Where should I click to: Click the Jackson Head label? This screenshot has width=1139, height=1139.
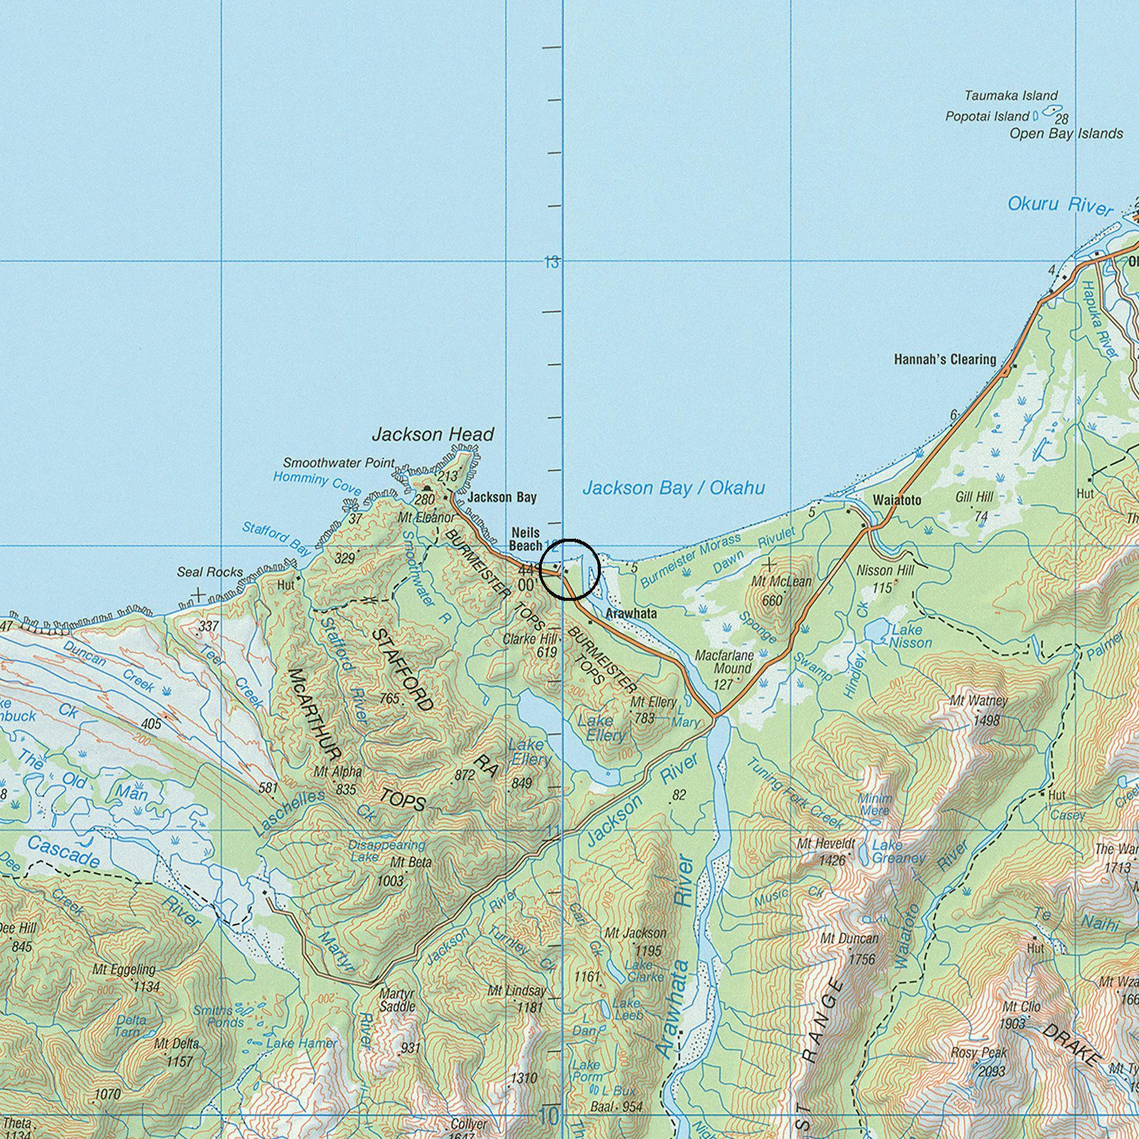coord(433,434)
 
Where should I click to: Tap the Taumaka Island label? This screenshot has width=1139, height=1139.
coord(1011,96)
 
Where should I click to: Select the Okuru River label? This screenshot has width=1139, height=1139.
coord(1060,206)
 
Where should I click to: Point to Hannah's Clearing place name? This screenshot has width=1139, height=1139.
coord(944,360)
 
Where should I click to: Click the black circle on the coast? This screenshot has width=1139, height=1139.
coord(569,569)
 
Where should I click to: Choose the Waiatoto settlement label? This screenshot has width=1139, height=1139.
coord(897,500)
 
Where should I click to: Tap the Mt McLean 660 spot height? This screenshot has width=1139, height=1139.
coord(772,600)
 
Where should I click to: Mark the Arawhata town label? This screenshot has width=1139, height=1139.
coord(631,614)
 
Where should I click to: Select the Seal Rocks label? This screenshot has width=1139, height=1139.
coord(210,572)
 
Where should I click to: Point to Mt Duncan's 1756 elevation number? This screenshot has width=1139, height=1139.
coord(861,959)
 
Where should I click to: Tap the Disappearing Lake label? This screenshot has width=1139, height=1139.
coord(386,850)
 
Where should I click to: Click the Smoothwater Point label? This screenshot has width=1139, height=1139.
coord(339,463)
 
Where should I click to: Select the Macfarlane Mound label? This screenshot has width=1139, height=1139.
coord(724,662)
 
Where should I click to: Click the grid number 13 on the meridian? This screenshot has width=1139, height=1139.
coord(551,262)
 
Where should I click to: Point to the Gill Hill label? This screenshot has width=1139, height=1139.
coord(974,497)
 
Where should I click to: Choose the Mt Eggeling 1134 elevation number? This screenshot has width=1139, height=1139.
coord(146,987)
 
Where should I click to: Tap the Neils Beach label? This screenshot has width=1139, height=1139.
coord(526,539)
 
